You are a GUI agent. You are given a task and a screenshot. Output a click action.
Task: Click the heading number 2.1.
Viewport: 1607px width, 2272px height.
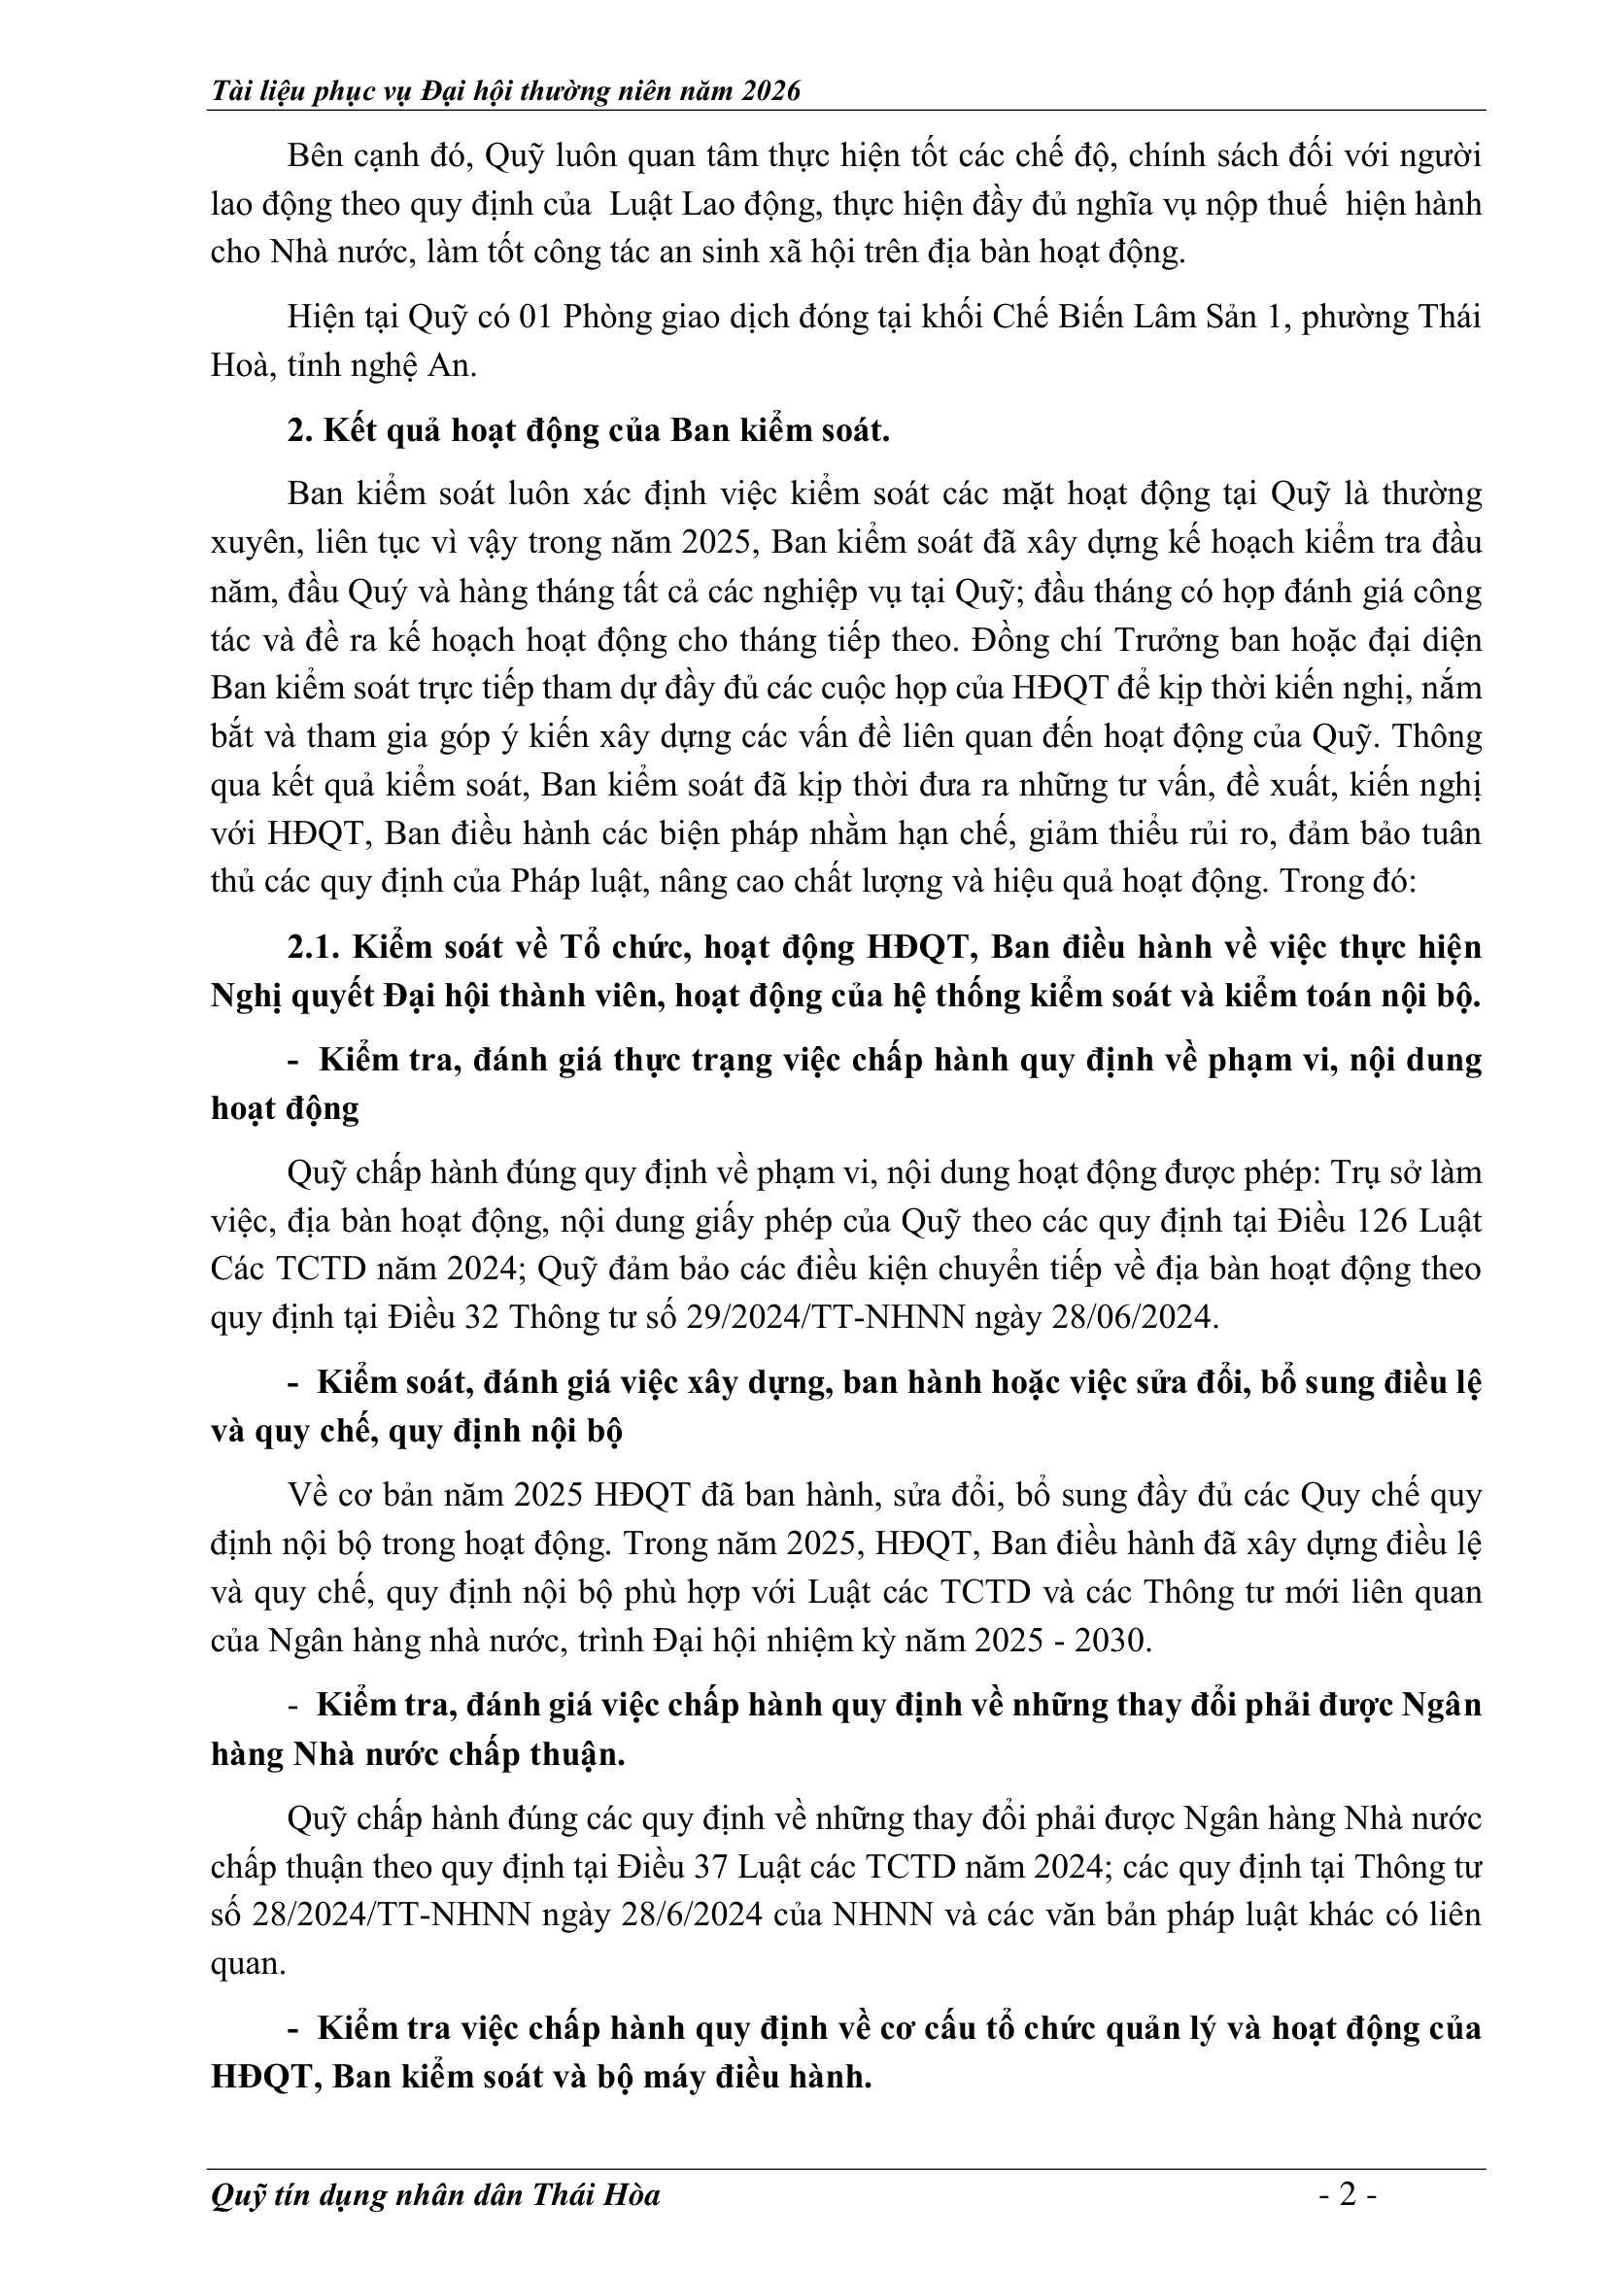[x=314, y=947]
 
